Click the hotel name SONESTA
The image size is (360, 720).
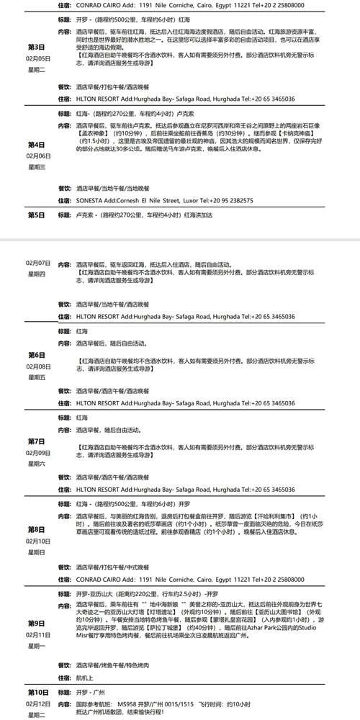click(89, 201)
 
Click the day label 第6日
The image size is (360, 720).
click(37, 355)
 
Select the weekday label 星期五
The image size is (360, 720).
click(37, 377)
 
